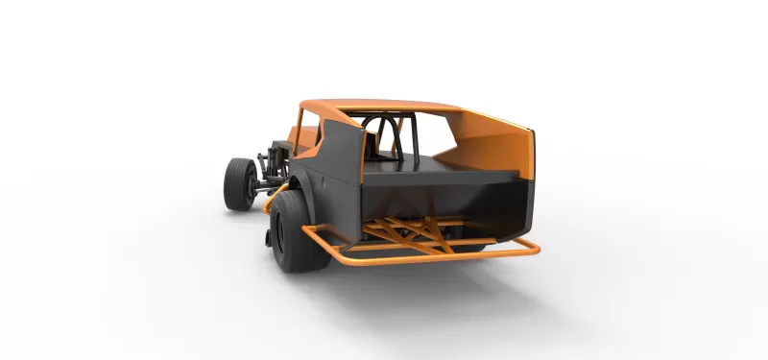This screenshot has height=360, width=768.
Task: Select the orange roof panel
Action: tap(384, 105)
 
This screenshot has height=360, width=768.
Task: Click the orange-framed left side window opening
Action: tap(307, 134)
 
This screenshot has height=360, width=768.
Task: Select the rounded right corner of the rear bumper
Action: tap(533, 249)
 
